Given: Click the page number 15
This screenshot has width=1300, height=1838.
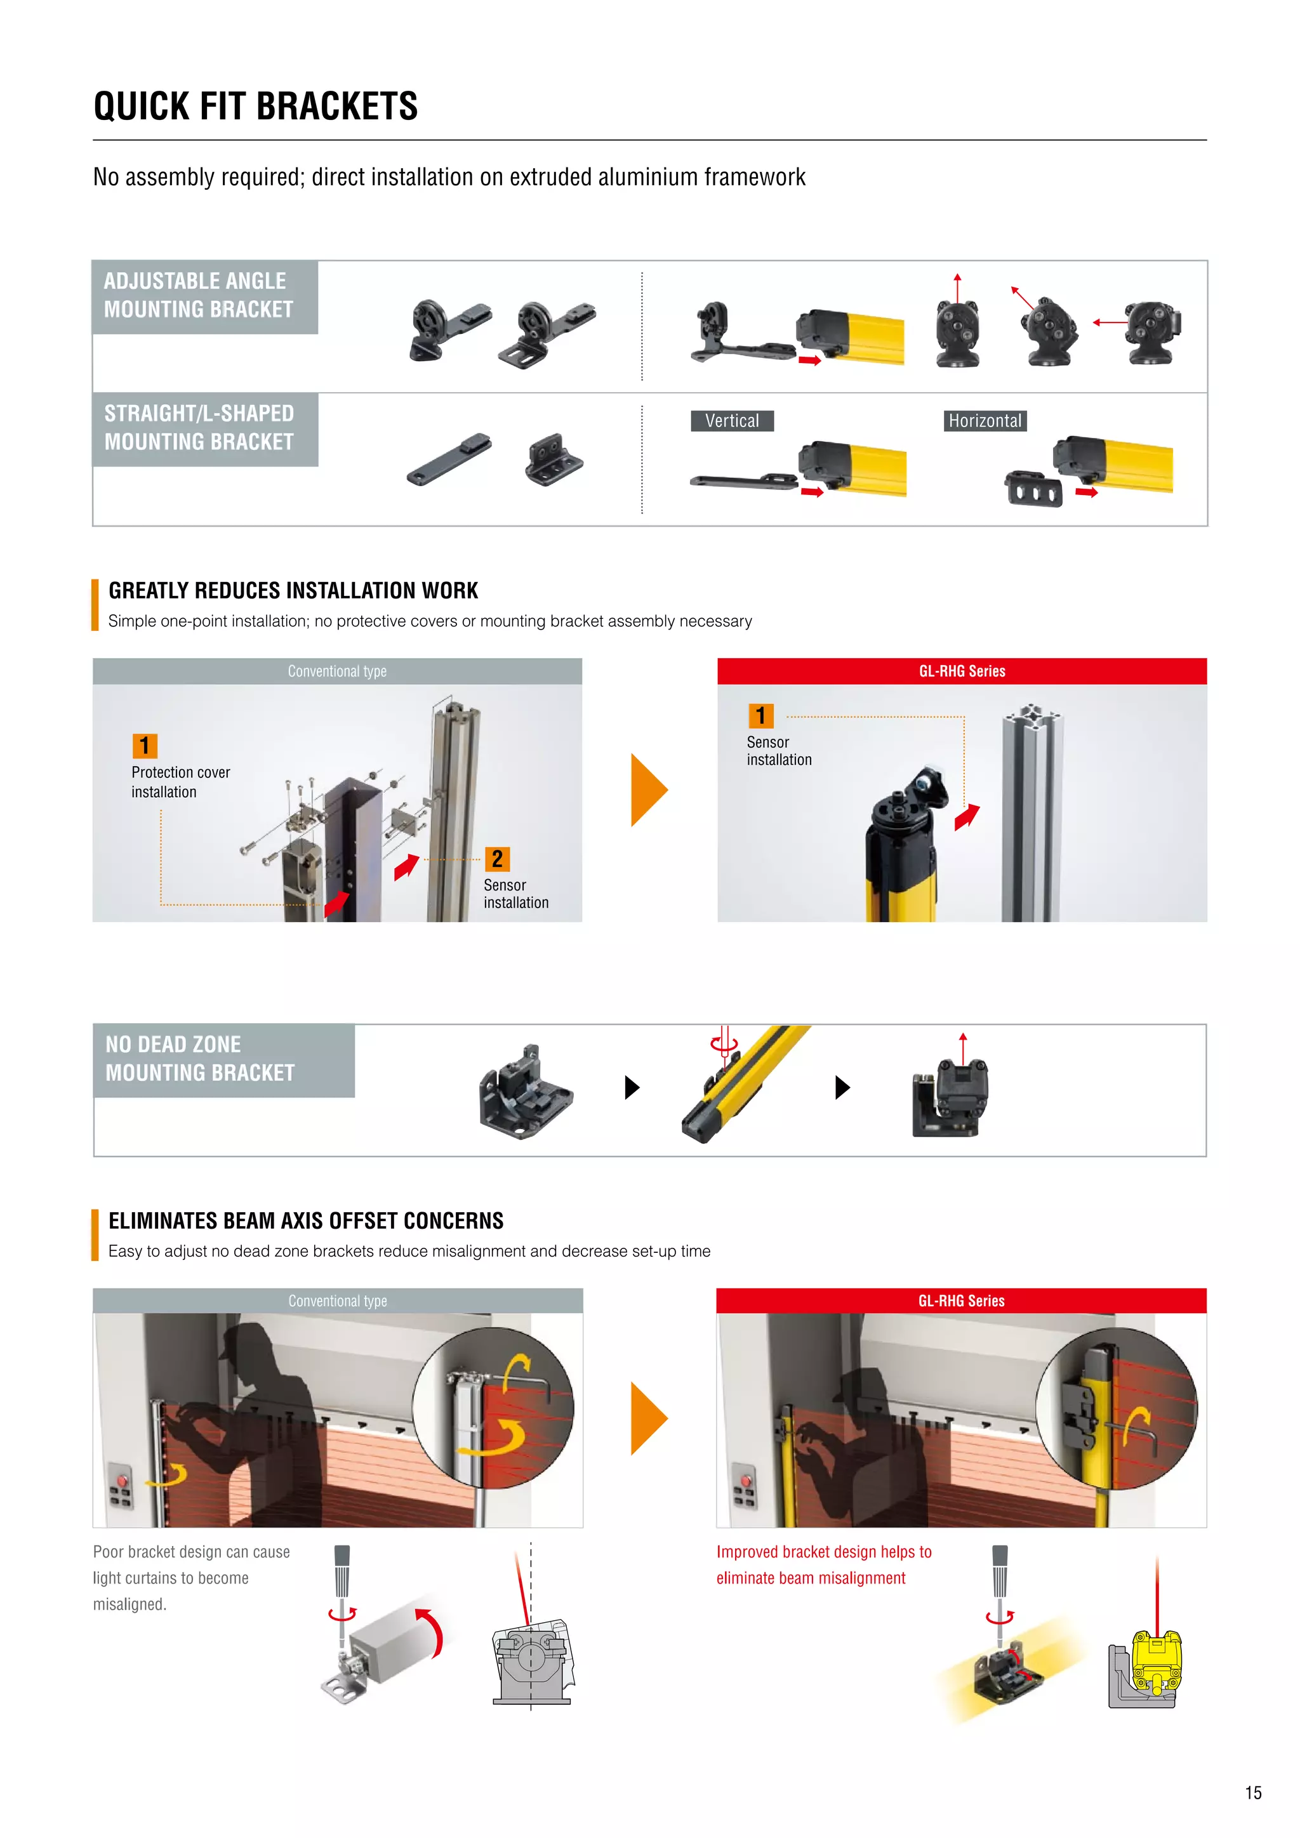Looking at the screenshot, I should (1253, 1793).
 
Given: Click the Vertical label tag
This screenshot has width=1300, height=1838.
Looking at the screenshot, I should (732, 421).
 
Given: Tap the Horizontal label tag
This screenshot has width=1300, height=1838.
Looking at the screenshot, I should (985, 421).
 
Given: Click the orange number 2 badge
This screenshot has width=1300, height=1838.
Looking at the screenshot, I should (497, 859).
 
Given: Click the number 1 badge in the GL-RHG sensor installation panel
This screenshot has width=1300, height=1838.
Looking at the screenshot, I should (760, 716).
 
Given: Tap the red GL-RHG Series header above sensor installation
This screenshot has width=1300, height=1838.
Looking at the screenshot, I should (962, 671).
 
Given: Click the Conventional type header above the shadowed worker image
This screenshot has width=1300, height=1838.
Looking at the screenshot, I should (337, 1301).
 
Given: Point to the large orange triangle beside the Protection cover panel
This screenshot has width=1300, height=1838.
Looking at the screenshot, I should (647, 790).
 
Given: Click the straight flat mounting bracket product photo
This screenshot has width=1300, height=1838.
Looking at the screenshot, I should (448, 459).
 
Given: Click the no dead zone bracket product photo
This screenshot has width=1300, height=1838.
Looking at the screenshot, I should (525, 1092).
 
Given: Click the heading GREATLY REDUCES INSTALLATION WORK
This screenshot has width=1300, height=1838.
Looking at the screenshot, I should (293, 591).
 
